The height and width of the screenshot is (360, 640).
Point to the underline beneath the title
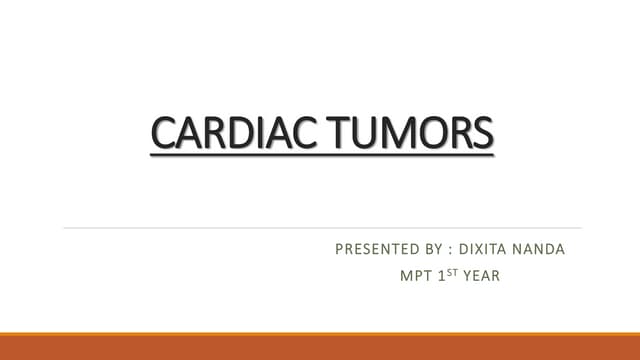pyautogui.click(x=322, y=153)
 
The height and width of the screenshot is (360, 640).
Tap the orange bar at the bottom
pyautogui.click(x=320, y=346)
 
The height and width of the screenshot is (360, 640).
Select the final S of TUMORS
pyautogui.click(x=483, y=134)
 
